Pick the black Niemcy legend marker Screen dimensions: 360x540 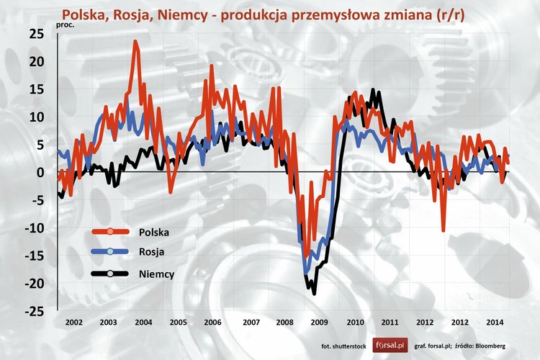point(110,274)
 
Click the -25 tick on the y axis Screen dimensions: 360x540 point(34,312)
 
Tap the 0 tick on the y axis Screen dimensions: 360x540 point(40,173)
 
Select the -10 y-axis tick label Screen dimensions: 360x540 point(34,228)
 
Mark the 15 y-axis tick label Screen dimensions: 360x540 point(36,89)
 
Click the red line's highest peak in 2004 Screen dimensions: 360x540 point(135,42)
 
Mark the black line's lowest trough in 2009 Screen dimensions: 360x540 point(314,293)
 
